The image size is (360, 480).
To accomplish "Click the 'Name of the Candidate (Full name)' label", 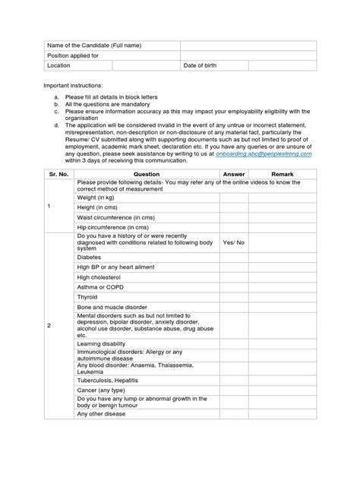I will click(x=94, y=46).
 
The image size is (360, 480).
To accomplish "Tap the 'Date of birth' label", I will click(x=201, y=66).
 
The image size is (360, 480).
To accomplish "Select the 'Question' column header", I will click(x=146, y=173).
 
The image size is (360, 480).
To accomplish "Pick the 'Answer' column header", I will click(x=232, y=173).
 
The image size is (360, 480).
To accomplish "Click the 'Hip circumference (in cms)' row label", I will click(x=112, y=226).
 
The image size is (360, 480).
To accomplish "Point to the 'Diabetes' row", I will click(x=90, y=257).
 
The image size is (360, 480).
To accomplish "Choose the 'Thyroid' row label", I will click(x=88, y=297).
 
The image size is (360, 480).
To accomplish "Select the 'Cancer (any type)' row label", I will click(x=102, y=390).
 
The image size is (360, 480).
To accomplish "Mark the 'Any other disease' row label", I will click(x=102, y=414).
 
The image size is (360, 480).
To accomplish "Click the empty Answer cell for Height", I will click(x=232, y=207).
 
